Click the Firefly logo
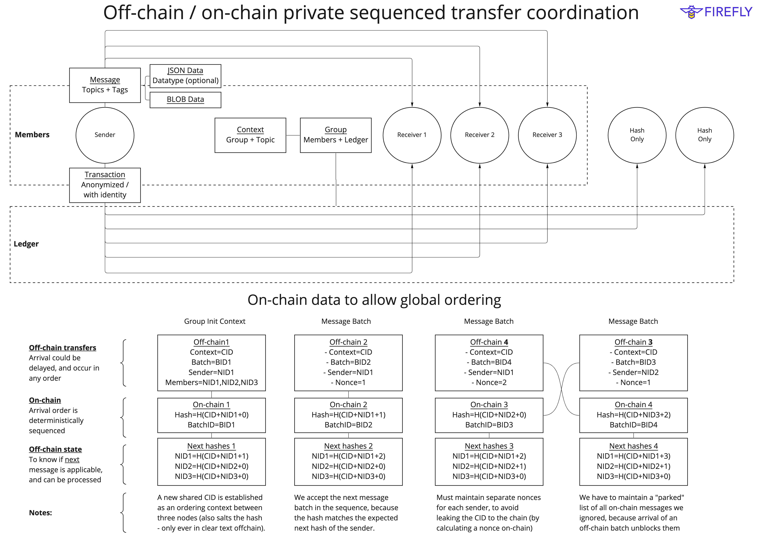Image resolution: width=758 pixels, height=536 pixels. pos(716,12)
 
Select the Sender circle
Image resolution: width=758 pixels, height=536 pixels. pos(105,135)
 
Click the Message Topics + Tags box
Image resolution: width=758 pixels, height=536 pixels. pos(105,85)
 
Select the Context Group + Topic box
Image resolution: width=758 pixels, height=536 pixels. pos(250,135)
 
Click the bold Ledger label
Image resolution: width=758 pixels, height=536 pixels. pos(26,244)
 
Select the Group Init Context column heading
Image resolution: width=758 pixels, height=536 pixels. pos(215,321)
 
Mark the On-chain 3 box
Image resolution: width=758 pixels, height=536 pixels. pos(489,415)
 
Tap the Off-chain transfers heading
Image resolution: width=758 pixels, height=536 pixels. pos(62,348)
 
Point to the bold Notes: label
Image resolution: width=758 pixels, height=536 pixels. pos(40,513)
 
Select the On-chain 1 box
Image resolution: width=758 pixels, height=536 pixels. pos(211,415)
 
